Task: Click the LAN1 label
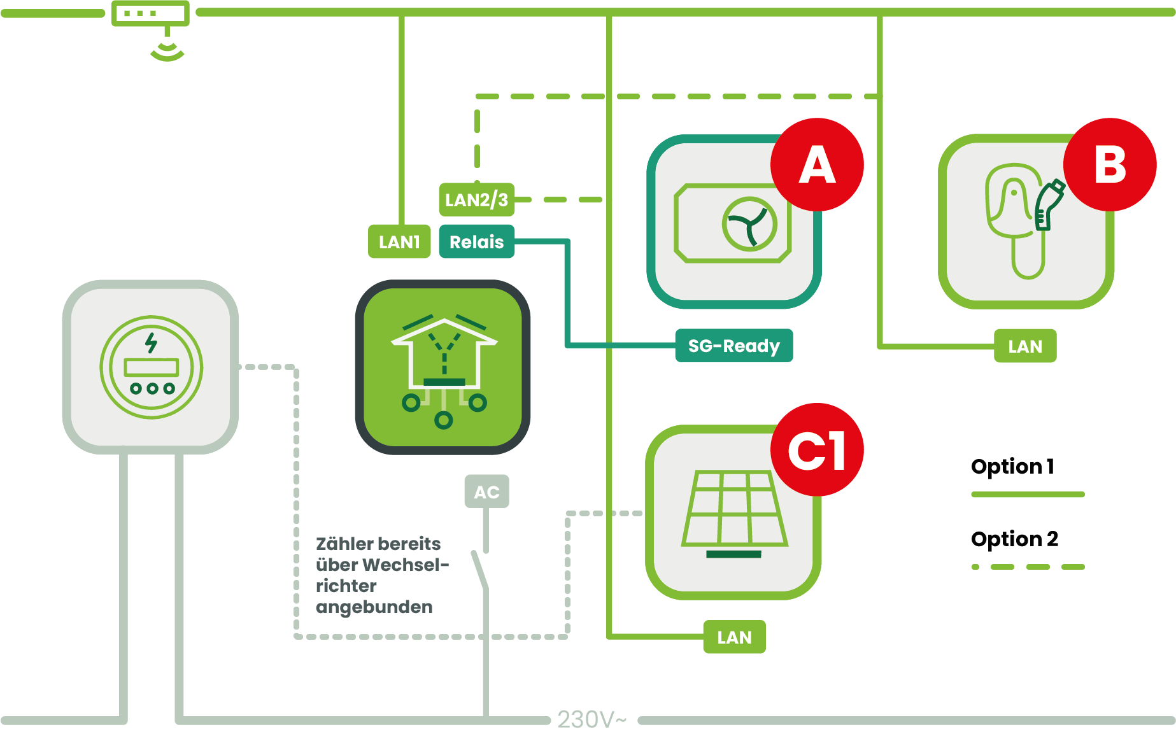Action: coord(399,242)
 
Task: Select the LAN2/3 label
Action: coord(476,200)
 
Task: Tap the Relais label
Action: coord(476,242)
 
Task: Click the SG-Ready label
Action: coord(733,346)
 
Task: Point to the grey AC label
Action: coord(486,491)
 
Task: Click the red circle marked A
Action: coord(817,164)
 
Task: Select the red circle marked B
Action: coord(1110,164)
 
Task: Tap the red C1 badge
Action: coord(817,450)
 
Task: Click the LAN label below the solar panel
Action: coord(734,637)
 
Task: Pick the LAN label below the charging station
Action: coord(1025,346)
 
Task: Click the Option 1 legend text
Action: coord(1012,467)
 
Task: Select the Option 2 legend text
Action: coord(1014,539)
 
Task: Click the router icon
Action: coord(151,14)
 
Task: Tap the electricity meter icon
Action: coord(151,367)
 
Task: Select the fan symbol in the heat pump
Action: coord(749,224)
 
